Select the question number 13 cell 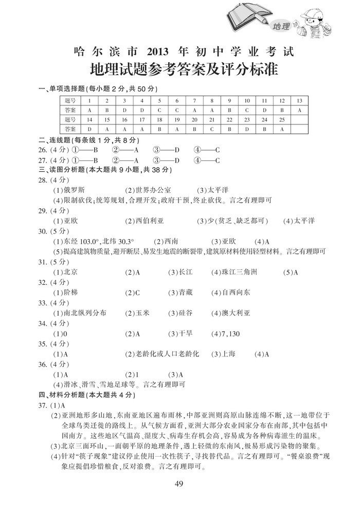299,101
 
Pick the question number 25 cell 281,119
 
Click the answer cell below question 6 176,110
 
